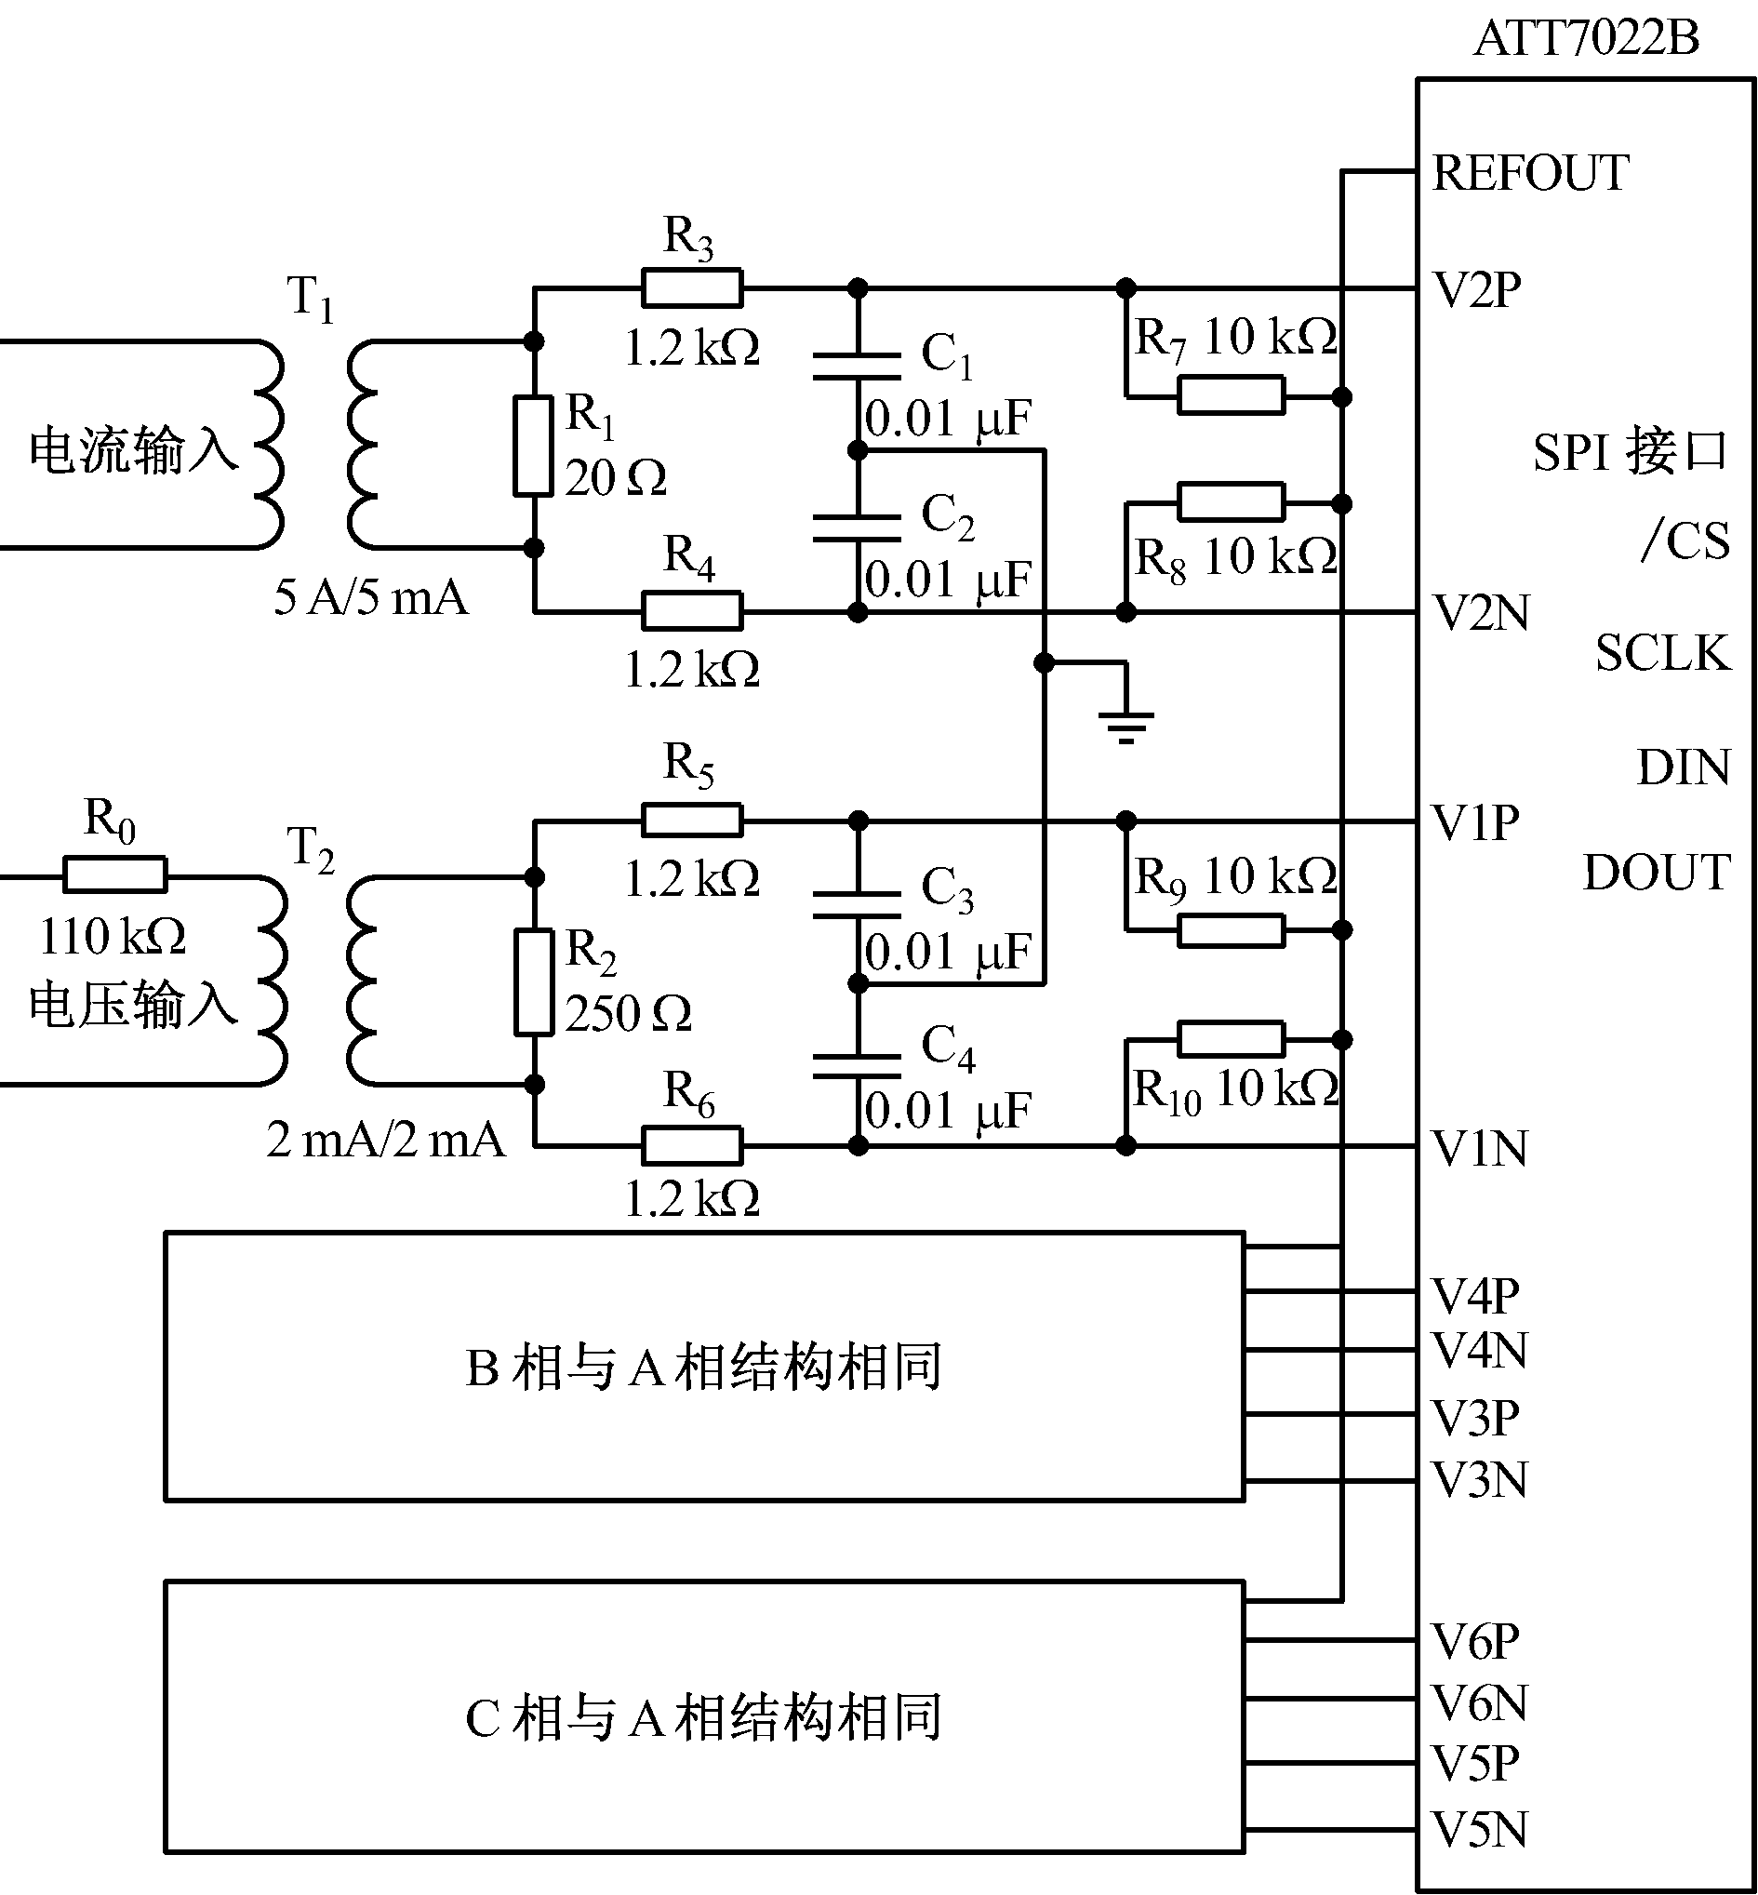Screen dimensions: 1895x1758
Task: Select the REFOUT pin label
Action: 1531,173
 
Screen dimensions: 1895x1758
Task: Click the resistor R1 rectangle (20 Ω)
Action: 534,447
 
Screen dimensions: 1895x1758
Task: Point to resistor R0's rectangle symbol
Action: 115,874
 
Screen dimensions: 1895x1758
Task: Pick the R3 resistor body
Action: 692,287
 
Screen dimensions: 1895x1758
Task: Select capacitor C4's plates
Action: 857,1064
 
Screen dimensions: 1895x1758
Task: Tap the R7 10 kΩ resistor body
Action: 1231,395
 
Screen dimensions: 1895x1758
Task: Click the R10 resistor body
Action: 1231,1040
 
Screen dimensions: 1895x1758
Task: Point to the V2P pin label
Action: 1477,290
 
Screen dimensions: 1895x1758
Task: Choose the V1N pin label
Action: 1480,1148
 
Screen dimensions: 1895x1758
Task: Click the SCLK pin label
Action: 1663,654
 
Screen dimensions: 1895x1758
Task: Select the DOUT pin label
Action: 1657,873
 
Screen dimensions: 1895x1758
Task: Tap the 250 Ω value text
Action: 628,1014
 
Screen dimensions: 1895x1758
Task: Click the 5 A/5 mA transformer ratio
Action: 371,598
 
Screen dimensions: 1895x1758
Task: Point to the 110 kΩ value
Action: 113,937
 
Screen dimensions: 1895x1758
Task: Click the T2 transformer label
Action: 310,847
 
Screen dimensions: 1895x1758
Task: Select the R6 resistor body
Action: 692,1145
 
